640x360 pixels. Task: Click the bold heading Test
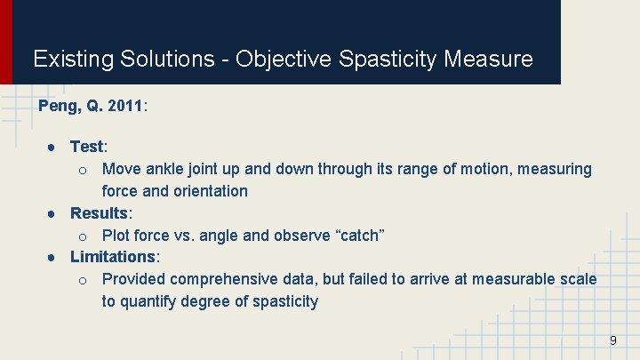click(87, 147)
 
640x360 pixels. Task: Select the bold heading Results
click(100, 213)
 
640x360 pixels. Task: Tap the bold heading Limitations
click(113, 257)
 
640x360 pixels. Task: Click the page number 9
click(612, 341)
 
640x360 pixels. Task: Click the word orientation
click(211, 191)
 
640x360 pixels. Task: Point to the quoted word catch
click(359, 236)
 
